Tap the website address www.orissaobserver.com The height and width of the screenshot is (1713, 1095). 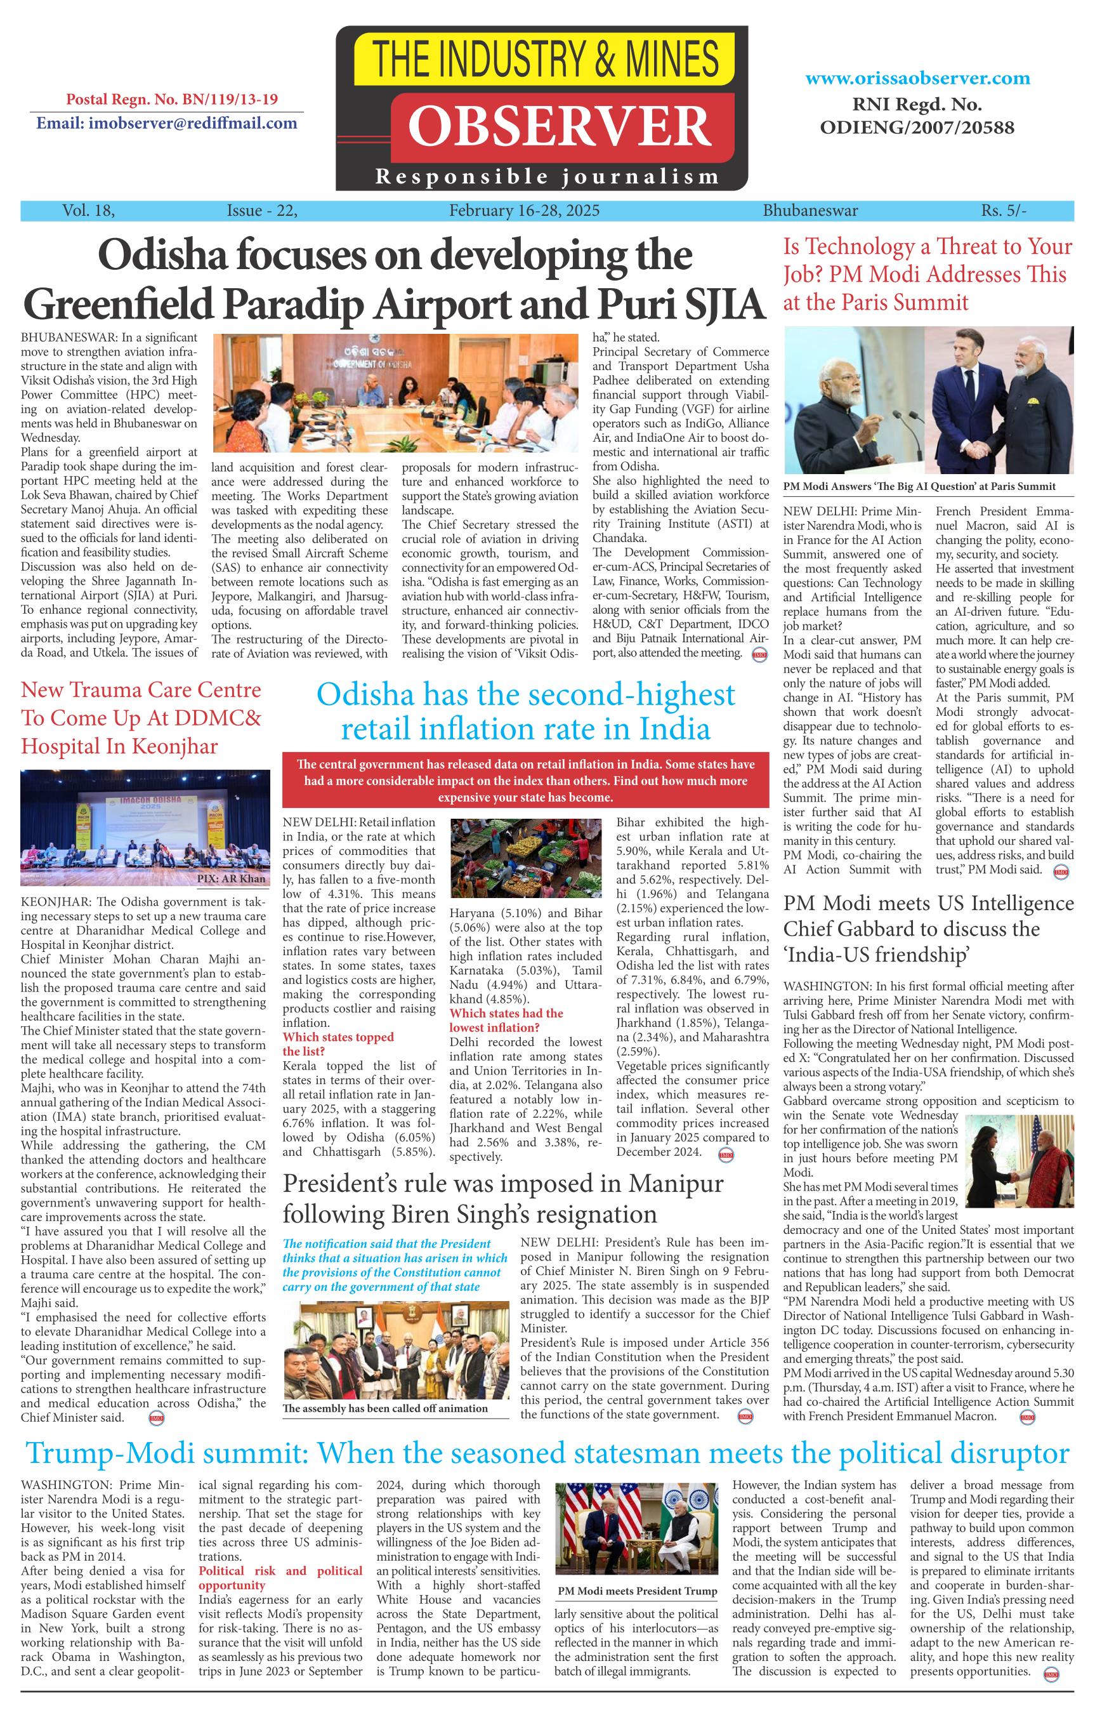click(917, 78)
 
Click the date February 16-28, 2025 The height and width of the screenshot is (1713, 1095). click(524, 211)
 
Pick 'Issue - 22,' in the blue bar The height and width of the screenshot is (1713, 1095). click(261, 211)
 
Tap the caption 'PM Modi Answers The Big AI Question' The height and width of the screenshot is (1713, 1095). click(919, 487)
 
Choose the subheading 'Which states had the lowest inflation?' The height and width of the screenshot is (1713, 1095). click(506, 1020)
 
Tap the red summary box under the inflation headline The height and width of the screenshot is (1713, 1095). click(525, 781)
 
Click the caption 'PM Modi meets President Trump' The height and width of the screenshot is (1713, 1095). click(637, 1591)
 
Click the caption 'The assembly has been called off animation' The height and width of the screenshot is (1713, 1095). click(384, 1408)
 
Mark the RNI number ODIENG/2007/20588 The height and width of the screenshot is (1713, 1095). click(917, 128)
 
